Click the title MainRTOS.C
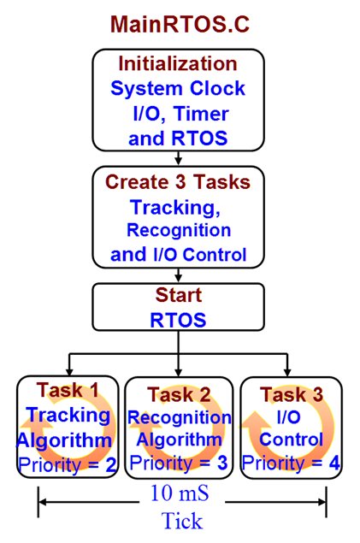coord(180,24)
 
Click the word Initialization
coord(178,64)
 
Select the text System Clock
coord(178,88)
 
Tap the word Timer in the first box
coord(201,113)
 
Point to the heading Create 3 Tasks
coord(178,182)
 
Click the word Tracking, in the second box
coord(175,208)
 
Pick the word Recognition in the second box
coord(179,230)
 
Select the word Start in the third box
coord(178,295)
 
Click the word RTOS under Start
coord(178,320)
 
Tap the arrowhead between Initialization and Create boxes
coord(178,161)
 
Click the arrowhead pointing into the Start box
coord(178,278)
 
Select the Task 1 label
coord(68,390)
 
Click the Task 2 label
coord(179,394)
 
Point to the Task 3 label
coord(292,394)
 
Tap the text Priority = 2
coord(68,465)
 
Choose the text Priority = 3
coord(179,463)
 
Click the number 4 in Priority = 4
coord(334,463)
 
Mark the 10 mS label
coord(180,493)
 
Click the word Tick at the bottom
coord(182,521)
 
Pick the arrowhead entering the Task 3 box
coord(287,372)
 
